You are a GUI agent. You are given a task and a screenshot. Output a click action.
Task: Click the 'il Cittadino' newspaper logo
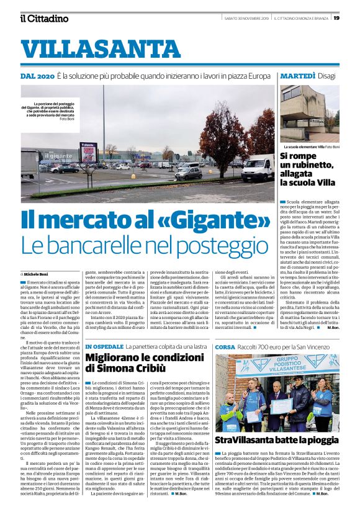[43, 18]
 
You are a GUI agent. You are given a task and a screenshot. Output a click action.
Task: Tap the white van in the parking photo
[256, 168]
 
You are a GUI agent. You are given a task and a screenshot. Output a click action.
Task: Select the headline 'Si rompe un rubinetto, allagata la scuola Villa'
[309, 169]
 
